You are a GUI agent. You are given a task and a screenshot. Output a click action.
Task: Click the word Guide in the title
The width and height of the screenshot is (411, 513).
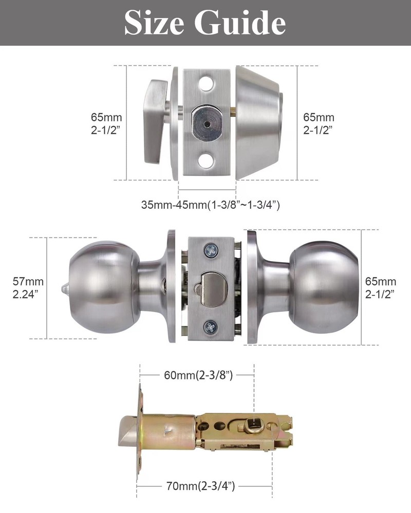tap(241, 23)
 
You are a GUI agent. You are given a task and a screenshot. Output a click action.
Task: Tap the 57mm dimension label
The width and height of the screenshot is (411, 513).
tap(28, 281)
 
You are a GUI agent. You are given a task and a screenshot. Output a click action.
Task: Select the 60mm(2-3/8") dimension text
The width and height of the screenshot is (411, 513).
tap(199, 375)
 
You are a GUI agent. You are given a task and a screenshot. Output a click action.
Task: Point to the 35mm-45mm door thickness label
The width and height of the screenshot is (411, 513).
tap(210, 205)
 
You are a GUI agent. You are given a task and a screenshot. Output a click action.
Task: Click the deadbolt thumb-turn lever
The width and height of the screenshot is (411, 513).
tap(154, 122)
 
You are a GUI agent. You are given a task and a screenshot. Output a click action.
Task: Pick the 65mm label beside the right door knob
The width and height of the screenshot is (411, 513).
tap(380, 281)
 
